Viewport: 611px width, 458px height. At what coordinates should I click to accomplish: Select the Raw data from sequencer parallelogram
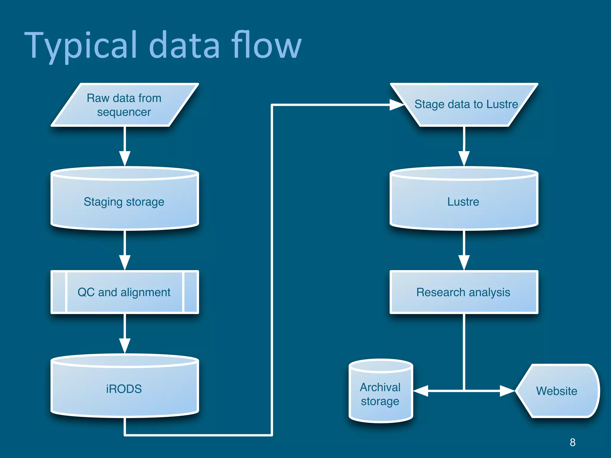(x=124, y=105)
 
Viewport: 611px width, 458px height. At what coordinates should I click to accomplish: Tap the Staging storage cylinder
(x=124, y=202)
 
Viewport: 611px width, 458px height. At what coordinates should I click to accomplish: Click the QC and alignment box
(x=124, y=292)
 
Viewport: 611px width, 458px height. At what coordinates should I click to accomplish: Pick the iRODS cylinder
(x=124, y=389)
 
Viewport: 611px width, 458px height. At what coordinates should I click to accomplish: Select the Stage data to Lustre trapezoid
(x=464, y=104)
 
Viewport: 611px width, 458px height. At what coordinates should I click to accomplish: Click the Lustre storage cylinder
(x=464, y=202)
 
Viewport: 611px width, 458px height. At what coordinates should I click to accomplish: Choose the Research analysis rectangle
(x=464, y=292)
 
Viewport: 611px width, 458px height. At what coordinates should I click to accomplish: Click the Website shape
(x=557, y=391)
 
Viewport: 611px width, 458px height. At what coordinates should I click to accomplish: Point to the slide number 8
(x=573, y=442)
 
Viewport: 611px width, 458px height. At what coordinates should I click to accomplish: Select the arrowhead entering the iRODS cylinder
(x=125, y=346)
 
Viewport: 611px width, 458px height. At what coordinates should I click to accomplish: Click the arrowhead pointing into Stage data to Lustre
(x=397, y=105)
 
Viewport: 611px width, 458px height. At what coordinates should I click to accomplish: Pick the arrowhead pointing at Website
(x=507, y=391)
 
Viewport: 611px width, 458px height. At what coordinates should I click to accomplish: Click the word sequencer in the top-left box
(x=124, y=112)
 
